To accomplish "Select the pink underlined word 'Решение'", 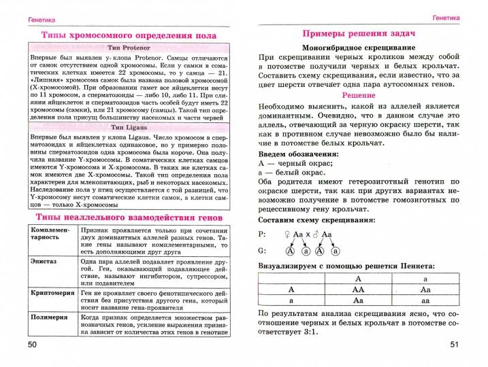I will coord(359,97).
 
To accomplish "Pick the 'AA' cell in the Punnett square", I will coord(358,288).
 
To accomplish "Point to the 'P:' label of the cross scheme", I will coord(264,234).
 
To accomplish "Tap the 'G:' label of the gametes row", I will coord(264,249).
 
